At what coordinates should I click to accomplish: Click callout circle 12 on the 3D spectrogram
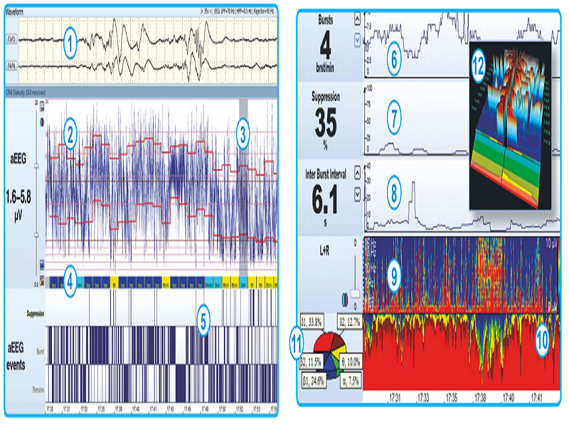tap(479, 68)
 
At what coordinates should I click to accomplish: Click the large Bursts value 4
tap(325, 46)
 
